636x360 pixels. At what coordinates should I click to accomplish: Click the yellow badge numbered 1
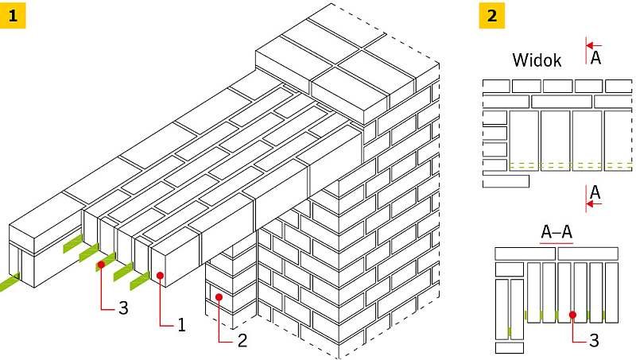point(13,15)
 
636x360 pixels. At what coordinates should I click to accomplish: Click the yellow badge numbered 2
point(491,15)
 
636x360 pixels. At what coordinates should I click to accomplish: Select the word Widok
point(537,60)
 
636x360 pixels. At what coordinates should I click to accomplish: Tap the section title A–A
point(556,232)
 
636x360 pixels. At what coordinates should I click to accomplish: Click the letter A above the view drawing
point(595,57)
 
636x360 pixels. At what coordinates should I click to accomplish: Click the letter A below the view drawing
point(595,192)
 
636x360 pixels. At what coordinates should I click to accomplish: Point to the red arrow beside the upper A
point(594,45)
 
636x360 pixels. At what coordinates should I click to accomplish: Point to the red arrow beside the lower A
point(594,204)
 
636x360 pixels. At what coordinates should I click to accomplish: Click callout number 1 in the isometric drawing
point(181,324)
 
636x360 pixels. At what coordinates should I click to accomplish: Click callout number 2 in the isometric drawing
point(242,340)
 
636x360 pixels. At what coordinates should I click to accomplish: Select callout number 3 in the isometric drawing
point(123,308)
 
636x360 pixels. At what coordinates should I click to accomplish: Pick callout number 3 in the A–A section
point(594,341)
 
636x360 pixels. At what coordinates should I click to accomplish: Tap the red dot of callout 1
point(161,276)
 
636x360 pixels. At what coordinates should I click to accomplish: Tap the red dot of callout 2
point(219,297)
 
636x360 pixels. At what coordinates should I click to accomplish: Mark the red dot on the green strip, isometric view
point(101,265)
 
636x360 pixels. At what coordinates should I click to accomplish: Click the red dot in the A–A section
point(572,315)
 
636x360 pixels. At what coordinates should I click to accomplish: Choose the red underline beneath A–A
point(556,243)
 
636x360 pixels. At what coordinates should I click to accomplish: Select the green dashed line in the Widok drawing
point(571,165)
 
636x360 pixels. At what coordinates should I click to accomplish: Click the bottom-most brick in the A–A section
point(510,348)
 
